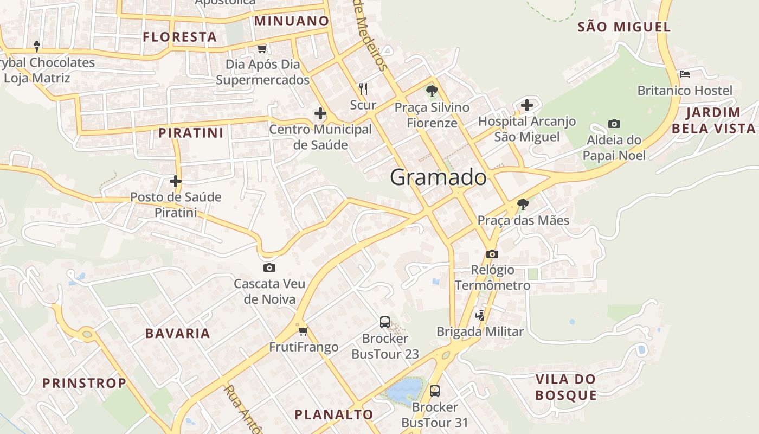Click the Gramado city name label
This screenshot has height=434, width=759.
click(438, 177)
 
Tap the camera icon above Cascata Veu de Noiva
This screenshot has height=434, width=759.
click(269, 267)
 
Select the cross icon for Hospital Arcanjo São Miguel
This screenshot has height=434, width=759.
click(526, 105)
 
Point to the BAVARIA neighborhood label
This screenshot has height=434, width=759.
click(177, 333)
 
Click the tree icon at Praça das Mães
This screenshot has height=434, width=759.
click(523, 205)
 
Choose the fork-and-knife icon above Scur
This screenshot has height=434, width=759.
click(363, 88)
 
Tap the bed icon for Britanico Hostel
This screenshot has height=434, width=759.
click(684, 74)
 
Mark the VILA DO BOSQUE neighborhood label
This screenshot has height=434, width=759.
click(565, 387)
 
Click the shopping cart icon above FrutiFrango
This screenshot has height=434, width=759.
click(303, 331)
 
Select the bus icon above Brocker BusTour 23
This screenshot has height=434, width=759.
click(385, 322)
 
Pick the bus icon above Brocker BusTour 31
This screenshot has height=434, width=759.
click(434, 391)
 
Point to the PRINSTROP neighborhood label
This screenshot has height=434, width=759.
click(84, 383)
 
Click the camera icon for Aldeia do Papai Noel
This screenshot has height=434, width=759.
click(614, 124)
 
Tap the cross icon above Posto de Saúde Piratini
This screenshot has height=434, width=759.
click(175, 181)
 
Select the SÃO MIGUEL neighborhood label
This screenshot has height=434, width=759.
click(624, 27)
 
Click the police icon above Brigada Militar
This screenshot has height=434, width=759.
click(480, 315)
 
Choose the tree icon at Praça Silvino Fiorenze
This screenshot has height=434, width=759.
click(432, 91)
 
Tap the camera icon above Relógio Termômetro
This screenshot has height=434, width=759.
click(492, 254)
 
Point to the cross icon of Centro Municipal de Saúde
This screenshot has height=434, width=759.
click(320, 113)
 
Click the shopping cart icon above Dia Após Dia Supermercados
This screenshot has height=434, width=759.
click(262, 49)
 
